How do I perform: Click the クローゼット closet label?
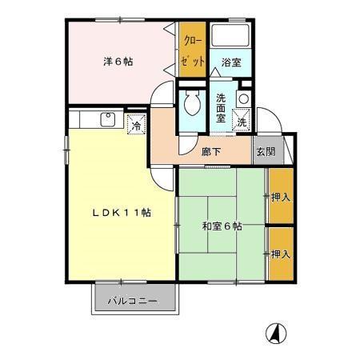click(x=194, y=50)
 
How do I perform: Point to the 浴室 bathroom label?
click(x=232, y=61)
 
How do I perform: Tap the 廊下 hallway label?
click(x=211, y=151)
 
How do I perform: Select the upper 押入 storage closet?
click(x=279, y=196)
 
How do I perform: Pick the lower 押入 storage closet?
click(x=279, y=254)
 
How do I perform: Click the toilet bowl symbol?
click(x=192, y=102)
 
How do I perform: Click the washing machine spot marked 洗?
click(x=242, y=122)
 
